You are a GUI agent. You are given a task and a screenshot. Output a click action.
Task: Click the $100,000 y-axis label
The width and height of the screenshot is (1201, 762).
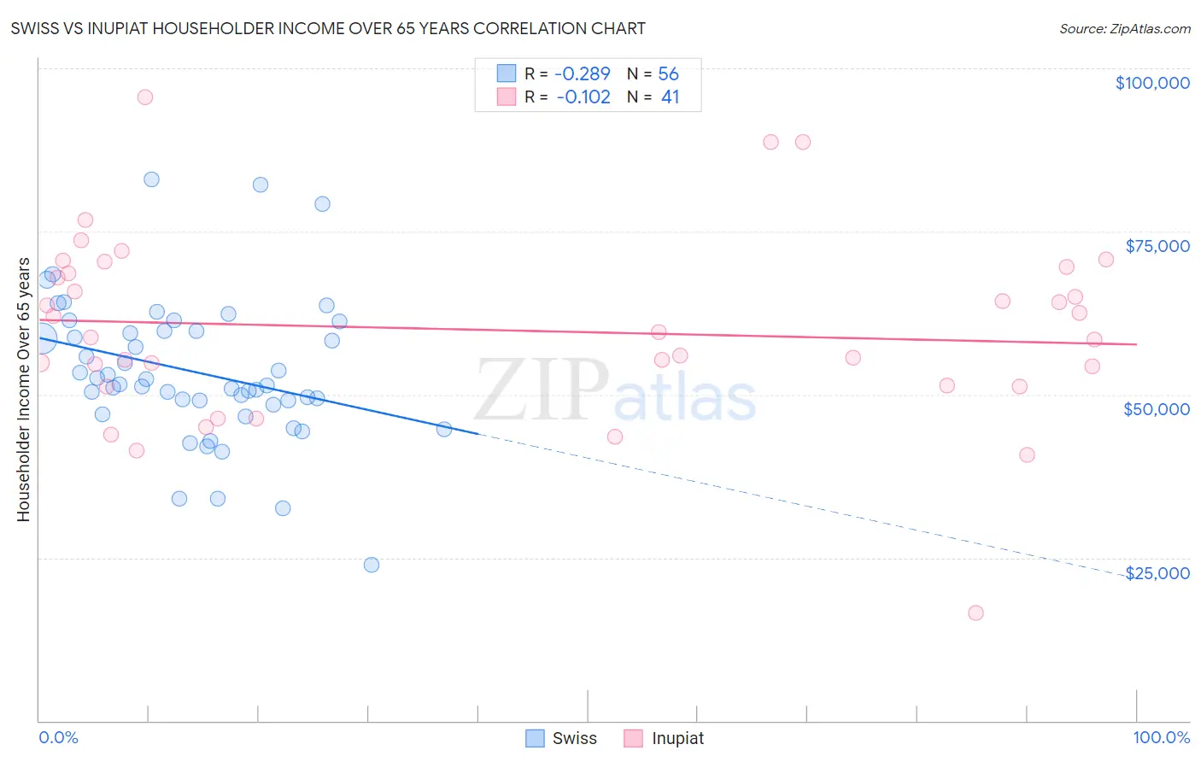click(x=1151, y=83)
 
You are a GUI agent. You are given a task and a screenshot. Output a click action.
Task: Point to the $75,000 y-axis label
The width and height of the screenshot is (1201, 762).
click(x=1157, y=246)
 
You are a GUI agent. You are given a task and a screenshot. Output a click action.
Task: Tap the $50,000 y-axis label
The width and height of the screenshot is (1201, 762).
click(x=1156, y=409)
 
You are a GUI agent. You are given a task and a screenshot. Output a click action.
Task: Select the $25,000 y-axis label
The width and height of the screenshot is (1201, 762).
click(x=1157, y=573)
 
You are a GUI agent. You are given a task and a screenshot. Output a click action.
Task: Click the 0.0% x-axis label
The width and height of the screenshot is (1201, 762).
click(x=58, y=737)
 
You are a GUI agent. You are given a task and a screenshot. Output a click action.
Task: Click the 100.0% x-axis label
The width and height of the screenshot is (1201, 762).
click(x=1161, y=737)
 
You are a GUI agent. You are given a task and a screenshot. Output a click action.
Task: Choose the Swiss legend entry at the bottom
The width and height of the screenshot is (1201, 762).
click(x=560, y=738)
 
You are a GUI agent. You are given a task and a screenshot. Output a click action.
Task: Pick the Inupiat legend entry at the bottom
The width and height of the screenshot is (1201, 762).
click(x=664, y=738)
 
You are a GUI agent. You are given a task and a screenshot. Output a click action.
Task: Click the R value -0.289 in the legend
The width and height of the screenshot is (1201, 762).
click(x=583, y=73)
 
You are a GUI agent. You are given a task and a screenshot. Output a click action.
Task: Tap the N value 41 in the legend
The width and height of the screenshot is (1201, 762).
click(x=670, y=97)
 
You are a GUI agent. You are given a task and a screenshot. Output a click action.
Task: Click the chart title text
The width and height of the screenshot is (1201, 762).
click(x=328, y=28)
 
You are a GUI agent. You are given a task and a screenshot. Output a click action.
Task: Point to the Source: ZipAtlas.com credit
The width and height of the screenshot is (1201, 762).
click(x=1124, y=28)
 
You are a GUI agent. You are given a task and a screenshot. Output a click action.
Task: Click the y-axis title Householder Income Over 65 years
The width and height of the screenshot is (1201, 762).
click(x=24, y=390)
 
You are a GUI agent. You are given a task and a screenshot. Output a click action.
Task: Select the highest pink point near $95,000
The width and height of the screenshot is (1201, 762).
click(x=145, y=97)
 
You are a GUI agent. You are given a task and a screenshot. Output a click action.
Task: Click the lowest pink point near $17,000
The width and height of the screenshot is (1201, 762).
click(x=975, y=613)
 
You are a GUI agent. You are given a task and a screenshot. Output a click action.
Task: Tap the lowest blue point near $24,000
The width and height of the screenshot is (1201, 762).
click(x=372, y=565)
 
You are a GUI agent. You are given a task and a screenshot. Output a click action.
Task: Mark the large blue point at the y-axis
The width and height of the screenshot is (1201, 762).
click(x=42, y=338)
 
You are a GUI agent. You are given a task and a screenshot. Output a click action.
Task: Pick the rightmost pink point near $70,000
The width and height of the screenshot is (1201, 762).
click(x=1106, y=260)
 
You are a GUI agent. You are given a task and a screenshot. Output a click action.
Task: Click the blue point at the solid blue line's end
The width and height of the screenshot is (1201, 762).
click(x=444, y=429)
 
